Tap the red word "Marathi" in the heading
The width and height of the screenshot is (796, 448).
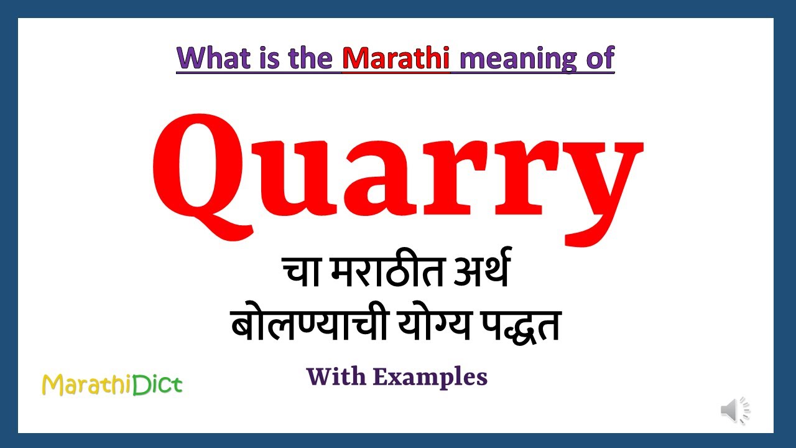(396, 58)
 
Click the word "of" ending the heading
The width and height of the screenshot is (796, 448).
(598, 58)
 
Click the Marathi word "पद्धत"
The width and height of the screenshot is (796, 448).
(517, 327)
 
